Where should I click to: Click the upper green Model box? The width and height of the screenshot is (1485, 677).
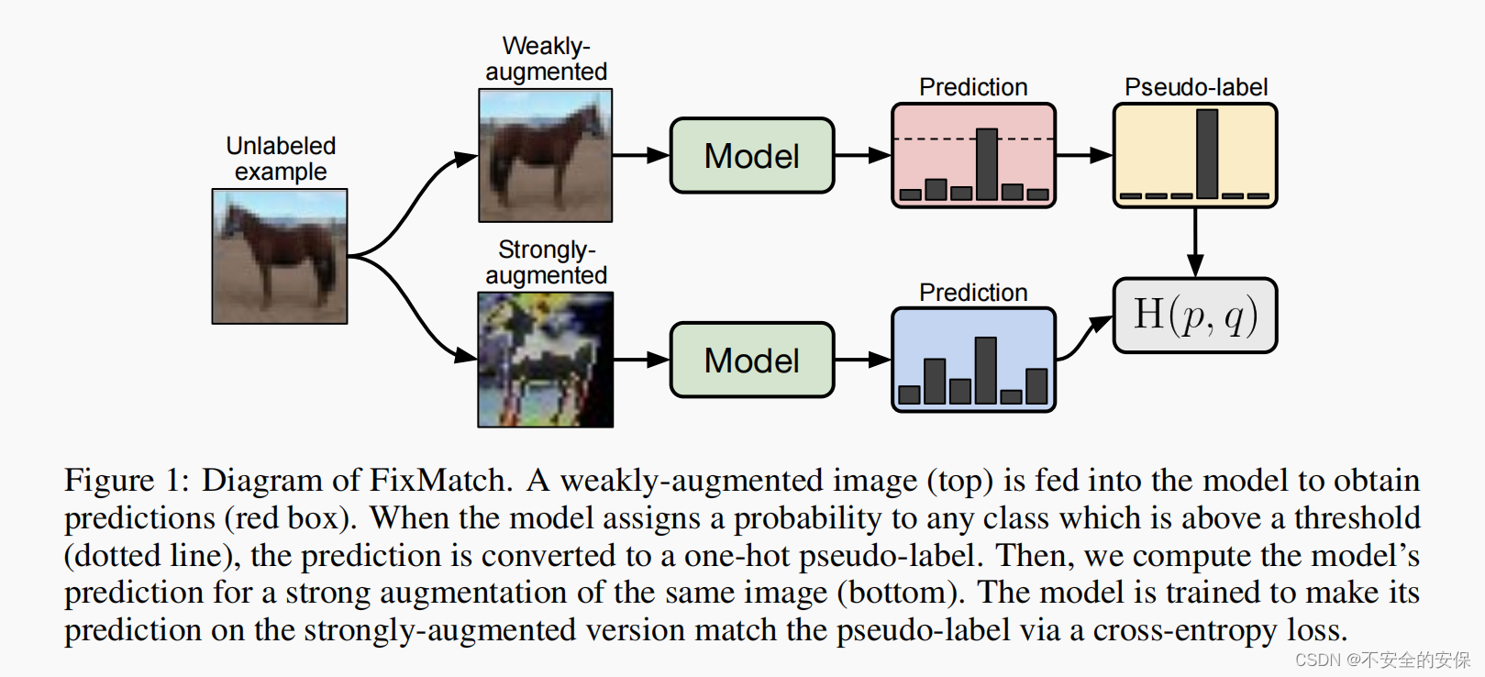752,156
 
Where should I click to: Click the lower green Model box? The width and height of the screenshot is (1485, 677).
752,361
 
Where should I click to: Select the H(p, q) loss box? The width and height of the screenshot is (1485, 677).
1194,316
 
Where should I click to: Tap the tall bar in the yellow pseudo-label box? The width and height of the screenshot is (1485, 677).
1207,153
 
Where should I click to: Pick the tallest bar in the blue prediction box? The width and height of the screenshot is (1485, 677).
986,370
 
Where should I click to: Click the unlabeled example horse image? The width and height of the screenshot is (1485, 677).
280,256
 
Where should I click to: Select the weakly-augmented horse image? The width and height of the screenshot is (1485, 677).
546,155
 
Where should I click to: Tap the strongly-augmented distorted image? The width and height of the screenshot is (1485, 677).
546,360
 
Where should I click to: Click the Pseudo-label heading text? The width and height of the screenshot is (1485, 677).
1196,87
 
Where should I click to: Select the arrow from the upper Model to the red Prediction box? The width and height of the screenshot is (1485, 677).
862,156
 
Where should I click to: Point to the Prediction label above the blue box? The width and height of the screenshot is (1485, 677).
973,293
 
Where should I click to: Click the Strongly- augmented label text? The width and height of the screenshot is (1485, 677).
547,262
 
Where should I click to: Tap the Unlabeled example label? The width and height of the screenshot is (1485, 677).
281,159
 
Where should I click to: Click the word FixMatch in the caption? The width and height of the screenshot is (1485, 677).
439,481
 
